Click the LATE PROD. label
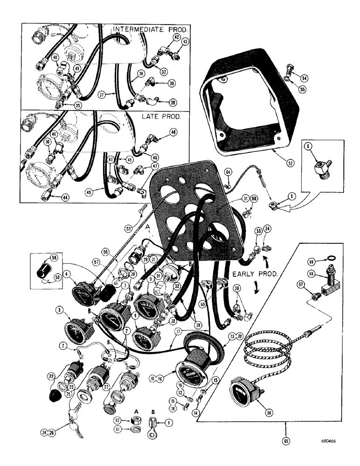[160, 117]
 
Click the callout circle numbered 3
[59, 309]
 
